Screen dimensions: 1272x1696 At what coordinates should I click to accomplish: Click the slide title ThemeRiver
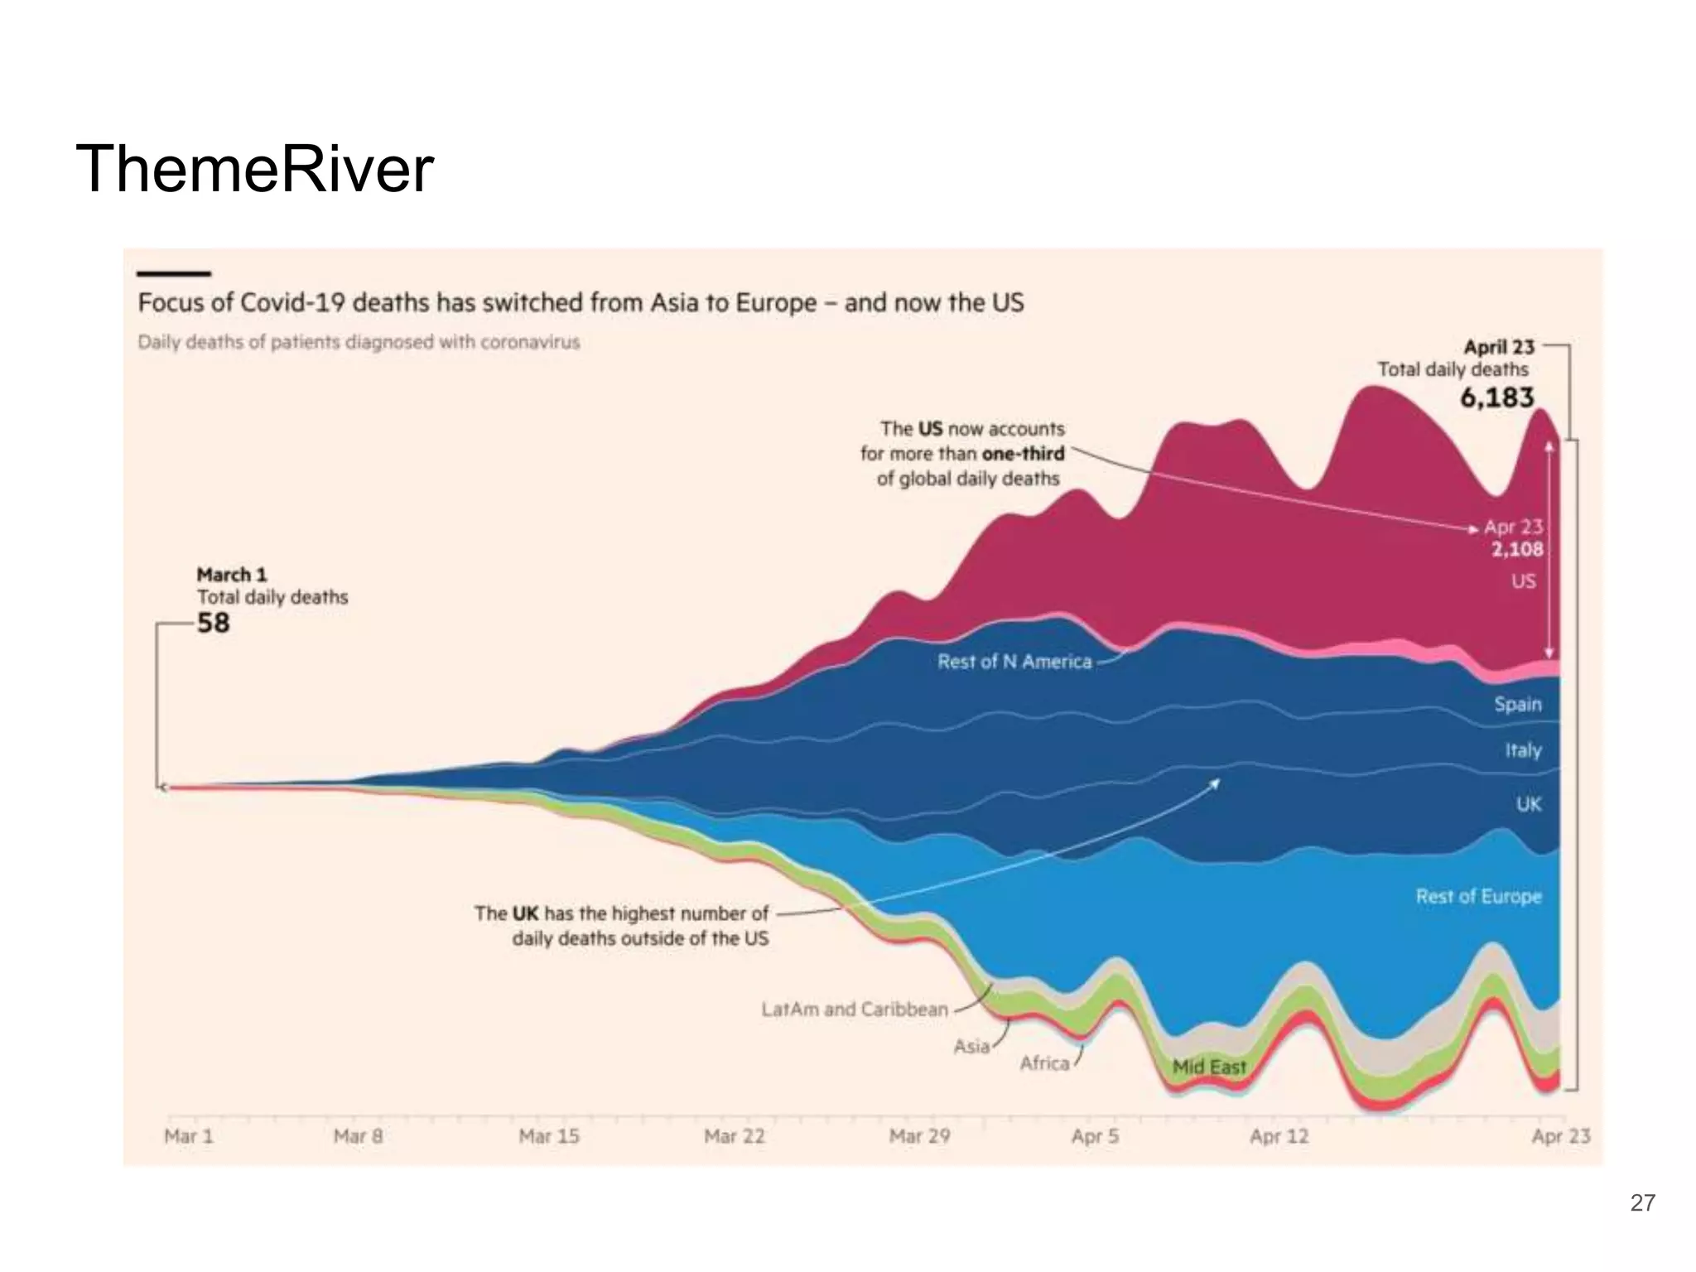tap(254, 170)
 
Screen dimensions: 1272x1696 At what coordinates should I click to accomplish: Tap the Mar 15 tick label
tap(548, 1136)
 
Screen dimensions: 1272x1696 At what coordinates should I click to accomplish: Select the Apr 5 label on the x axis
tap(1095, 1136)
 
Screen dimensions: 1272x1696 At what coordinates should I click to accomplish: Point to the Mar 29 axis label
tap(919, 1136)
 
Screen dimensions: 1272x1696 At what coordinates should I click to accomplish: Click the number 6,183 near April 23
tap(1496, 398)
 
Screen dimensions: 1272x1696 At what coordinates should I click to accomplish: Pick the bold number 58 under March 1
tap(213, 623)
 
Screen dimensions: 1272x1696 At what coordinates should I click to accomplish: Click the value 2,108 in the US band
tap(1517, 550)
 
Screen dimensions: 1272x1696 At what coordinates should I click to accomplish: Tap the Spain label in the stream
tap(1517, 705)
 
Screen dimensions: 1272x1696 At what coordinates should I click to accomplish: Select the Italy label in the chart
tap(1523, 751)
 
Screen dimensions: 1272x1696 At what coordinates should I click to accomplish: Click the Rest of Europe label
tap(1478, 897)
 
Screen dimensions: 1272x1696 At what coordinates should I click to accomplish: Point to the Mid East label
tap(1209, 1067)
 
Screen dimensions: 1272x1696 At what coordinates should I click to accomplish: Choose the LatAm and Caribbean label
tap(855, 1009)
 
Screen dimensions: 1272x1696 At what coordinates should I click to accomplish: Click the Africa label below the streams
tap(1044, 1063)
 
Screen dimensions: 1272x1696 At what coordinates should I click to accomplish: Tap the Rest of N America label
tap(1014, 662)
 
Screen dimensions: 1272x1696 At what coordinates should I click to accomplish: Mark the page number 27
tap(1642, 1202)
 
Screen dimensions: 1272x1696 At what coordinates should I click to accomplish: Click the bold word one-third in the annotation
tap(1023, 454)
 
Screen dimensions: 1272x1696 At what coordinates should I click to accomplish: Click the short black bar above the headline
tap(174, 273)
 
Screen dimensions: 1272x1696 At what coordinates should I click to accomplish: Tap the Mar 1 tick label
tap(189, 1136)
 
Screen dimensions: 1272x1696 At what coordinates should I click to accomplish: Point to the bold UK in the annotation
tap(525, 913)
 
